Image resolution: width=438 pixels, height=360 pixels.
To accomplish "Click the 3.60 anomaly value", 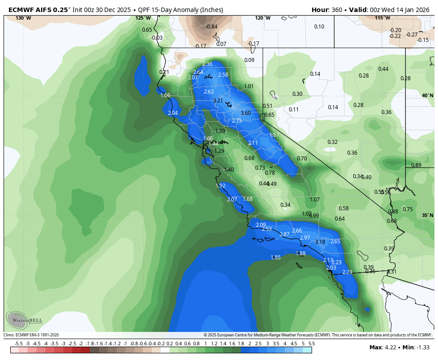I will point(246,113).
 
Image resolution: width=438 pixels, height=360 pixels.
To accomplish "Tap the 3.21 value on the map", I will point(218,101).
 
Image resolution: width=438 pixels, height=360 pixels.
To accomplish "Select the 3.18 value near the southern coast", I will point(320,242).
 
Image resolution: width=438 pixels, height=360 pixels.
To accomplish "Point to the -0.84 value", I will point(212,27).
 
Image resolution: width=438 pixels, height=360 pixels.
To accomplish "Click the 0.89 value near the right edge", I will point(416,165).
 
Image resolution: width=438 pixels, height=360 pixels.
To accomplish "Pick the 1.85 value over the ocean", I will point(276,258).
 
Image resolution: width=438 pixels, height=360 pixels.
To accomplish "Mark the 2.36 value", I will point(207,65).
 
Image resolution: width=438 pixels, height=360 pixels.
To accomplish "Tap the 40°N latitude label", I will point(427,95).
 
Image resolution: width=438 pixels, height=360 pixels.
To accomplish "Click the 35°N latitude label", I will point(427,215).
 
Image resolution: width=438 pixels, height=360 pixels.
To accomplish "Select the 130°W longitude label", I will point(23,18).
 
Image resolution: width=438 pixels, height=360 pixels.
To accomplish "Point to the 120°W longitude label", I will point(263,18).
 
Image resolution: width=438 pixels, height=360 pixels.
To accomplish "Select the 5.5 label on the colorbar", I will point(312,344).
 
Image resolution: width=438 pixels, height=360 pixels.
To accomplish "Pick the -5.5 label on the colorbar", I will point(19,344).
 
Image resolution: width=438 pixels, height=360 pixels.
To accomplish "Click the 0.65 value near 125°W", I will point(147,30).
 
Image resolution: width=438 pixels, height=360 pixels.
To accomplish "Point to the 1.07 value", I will point(315,200).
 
